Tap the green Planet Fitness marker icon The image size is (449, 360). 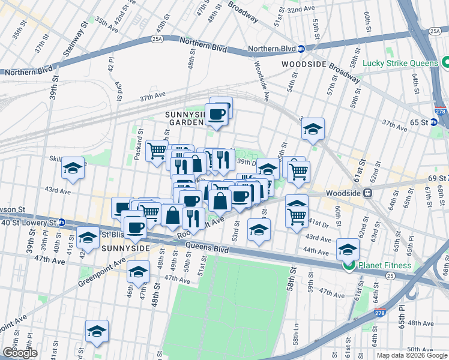[x=348, y=265]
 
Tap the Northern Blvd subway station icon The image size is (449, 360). [x=301, y=49]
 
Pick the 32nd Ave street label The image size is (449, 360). [x=302, y=11]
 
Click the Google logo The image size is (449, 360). [x=20, y=353]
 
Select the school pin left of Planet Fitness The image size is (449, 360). [x=348, y=248]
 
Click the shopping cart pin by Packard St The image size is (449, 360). [x=156, y=152]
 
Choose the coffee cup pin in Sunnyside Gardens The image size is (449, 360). [x=217, y=114]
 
